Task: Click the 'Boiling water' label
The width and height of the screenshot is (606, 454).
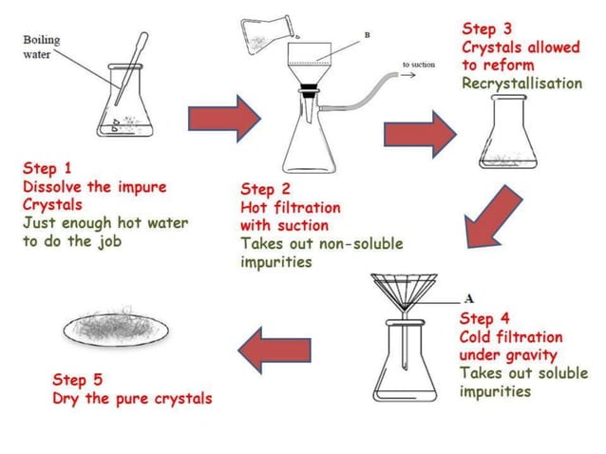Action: click(x=41, y=47)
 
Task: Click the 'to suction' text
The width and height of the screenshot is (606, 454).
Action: click(x=419, y=65)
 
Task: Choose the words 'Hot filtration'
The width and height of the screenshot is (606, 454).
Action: click(x=290, y=207)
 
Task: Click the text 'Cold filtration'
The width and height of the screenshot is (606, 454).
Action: click(x=510, y=337)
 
